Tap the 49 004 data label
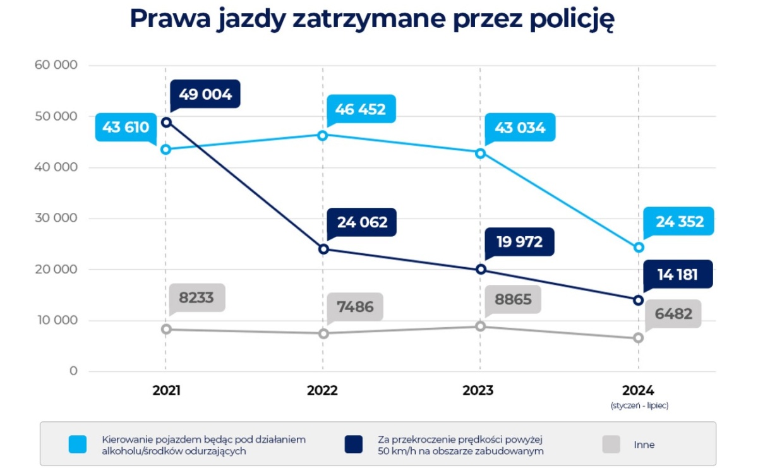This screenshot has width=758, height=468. (x=205, y=95)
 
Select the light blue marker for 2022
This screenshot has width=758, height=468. (x=323, y=135)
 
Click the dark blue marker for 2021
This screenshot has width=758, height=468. (x=166, y=122)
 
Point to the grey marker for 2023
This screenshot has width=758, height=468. (x=480, y=326)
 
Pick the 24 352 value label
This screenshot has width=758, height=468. (x=679, y=222)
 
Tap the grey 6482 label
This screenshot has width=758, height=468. (x=673, y=314)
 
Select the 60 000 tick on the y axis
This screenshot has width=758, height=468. (x=57, y=66)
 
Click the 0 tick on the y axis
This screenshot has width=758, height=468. (x=73, y=371)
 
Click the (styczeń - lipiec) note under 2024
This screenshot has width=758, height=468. (x=639, y=405)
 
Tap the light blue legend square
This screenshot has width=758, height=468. (x=78, y=445)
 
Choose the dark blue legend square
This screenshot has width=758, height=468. (x=354, y=445)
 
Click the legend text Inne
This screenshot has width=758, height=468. (x=644, y=445)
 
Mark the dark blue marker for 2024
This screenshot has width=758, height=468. (x=639, y=300)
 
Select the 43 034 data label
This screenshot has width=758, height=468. (x=520, y=128)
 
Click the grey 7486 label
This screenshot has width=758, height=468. (x=355, y=307)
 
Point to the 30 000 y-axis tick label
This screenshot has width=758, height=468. (x=57, y=219)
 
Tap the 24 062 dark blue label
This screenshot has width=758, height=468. (x=362, y=222)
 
